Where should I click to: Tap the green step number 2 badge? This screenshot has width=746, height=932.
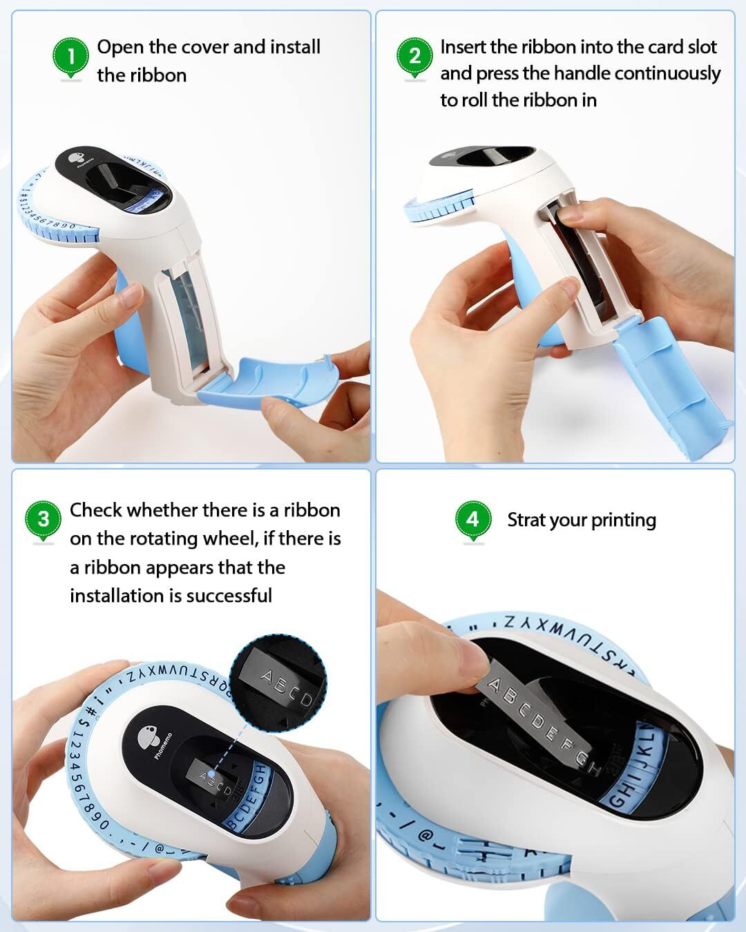point(414,55)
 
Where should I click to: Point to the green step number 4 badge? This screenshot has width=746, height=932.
point(472,518)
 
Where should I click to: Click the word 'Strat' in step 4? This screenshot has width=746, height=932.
point(526,520)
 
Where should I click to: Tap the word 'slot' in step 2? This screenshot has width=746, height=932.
point(702,47)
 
